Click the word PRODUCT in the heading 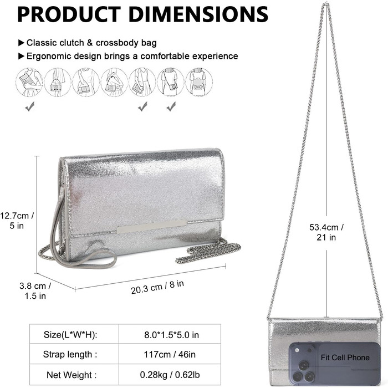pos(69,14)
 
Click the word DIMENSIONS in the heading pos(198,14)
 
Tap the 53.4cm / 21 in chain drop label pos(326,232)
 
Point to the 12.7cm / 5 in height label pos(17,221)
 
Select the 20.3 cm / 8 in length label pos(157,287)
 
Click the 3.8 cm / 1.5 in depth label pos(35,290)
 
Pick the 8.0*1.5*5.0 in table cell pos(171,335)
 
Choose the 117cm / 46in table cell pos(170,354)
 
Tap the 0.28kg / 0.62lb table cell pos(170,375)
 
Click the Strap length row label pos(70,354)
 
